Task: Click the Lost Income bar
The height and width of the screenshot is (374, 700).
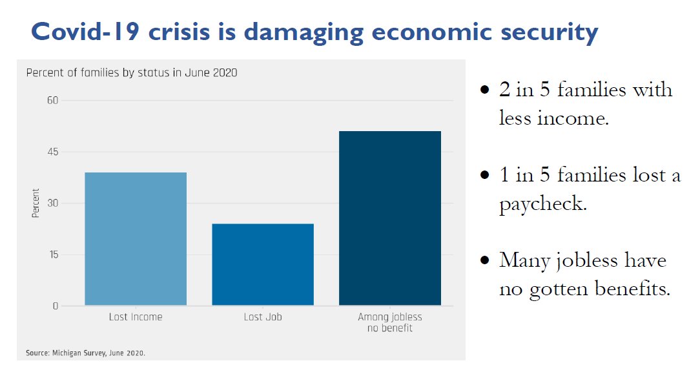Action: [136, 239]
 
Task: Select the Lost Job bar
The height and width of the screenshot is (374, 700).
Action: [263, 265]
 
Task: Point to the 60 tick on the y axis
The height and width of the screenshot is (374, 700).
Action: [52, 101]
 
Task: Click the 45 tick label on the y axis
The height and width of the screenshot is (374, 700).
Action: [52, 152]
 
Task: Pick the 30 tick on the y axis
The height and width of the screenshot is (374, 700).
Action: [52, 203]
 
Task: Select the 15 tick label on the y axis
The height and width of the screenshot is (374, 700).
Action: [52, 255]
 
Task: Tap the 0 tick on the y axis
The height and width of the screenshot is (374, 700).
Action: [55, 306]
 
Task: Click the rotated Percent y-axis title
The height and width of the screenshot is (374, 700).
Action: [36, 203]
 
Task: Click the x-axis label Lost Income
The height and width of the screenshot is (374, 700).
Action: [136, 317]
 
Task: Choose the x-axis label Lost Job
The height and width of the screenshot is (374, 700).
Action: [263, 317]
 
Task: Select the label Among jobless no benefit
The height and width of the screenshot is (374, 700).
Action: [390, 322]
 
